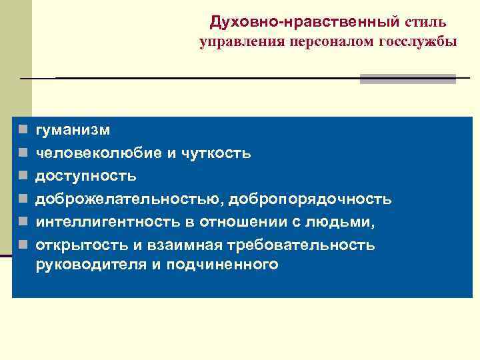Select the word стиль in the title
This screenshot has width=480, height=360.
424,23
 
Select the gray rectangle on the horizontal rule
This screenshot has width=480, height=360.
407,79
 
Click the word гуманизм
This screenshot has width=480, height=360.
73,130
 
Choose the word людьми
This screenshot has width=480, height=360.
339,221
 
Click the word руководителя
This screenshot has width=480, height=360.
86,265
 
